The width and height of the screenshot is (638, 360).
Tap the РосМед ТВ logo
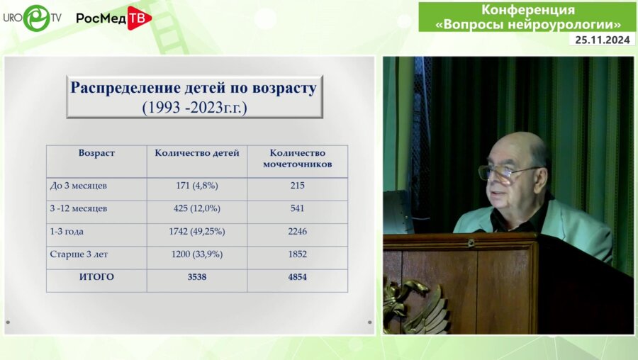pyautogui.click(x=113, y=18)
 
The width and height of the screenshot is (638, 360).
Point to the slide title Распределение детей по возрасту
pyautogui.click(x=194, y=89)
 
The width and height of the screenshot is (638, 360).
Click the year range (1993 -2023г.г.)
pyautogui.click(x=194, y=108)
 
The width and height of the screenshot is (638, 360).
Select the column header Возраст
pyautogui.click(x=96, y=153)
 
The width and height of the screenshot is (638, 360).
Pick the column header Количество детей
pyautogui.click(x=197, y=153)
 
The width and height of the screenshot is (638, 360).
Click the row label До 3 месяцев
pyautogui.click(x=79, y=186)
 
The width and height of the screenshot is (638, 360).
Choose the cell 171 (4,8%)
pyautogui.click(x=197, y=186)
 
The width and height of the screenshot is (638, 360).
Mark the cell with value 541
pyautogui.click(x=297, y=208)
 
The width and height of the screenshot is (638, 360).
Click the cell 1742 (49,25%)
pyautogui.click(x=197, y=231)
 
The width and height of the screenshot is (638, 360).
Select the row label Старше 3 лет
pyautogui.click(x=80, y=254)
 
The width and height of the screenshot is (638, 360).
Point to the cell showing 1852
pyautogui.click(x=297, y=254)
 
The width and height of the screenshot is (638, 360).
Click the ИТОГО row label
pyautogui.click(x=96, y=277)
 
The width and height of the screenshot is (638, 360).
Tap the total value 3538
pyautogui.click(x=197, y=277)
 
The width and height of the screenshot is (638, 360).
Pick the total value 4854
pyautogui.click(x=297, y=277)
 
